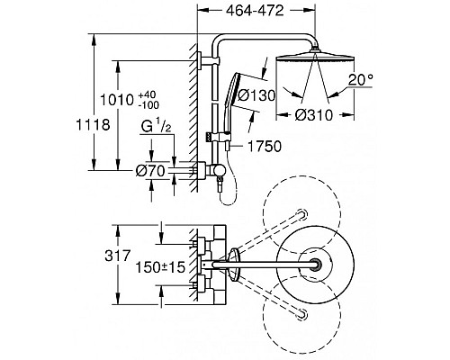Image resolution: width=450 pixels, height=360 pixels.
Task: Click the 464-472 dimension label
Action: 255,11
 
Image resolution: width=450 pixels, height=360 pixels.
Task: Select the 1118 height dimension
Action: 93,124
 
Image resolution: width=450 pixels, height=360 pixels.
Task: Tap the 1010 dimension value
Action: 116,100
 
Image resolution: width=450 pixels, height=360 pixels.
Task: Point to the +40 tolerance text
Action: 148,95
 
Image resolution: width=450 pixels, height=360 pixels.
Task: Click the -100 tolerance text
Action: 148,105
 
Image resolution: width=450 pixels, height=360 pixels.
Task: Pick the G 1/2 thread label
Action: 156,127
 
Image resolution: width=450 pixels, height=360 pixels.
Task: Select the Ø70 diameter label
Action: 150,171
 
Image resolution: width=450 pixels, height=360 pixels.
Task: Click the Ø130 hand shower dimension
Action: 256,95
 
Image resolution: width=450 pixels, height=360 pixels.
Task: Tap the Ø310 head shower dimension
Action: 314,115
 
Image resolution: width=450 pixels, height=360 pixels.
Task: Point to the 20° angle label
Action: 361,80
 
